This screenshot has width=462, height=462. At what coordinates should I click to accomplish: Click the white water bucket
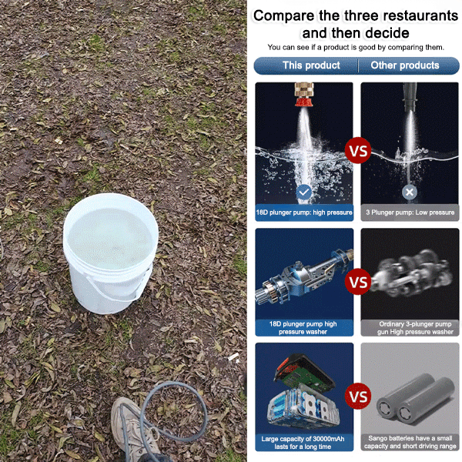[x=110, y=253]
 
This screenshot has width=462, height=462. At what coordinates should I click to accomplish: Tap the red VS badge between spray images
[x=358, y=150]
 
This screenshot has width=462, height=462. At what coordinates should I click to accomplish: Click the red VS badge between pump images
[x=358, y=282]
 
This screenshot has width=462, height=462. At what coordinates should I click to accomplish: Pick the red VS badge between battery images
[x=358, y=397]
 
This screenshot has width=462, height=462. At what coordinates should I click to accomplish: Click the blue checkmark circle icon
[x=304, y=192]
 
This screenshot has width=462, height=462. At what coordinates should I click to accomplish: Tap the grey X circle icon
[x=410, y=192]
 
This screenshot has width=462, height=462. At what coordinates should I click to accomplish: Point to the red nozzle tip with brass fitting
[x=304, y=95]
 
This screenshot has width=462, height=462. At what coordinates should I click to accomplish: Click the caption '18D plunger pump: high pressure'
[x=304, y=213]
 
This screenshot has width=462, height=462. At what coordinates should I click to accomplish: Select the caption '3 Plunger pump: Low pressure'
[x=410, y=213]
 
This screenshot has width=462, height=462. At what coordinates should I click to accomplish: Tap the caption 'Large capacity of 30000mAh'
[x=303, y=439]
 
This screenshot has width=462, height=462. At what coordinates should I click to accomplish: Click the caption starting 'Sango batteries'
[x=410, y=442]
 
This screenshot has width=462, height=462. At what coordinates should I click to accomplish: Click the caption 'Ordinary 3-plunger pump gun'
[x=416, y=328]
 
